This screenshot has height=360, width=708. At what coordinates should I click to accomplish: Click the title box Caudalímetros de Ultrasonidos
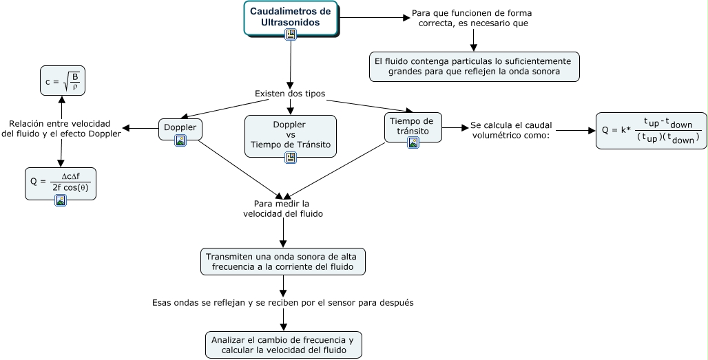(x=291, y=18)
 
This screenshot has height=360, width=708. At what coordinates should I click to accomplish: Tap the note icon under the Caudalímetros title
(x=291, y=34)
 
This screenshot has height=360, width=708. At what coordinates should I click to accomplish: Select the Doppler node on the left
(x=180, y=129)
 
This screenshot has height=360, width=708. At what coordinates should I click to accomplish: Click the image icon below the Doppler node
(x=180, y=140)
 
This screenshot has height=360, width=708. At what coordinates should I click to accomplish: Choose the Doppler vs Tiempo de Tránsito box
(x=291, y=136)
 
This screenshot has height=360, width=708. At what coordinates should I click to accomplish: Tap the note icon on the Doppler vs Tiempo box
(x=291, y=158)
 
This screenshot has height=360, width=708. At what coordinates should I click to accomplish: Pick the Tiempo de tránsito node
(x=413, y=127)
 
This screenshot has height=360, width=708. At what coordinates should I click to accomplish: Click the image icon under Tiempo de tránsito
(x=413, y=142)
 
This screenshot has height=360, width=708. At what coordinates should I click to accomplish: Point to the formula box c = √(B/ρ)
(x=62, y=81)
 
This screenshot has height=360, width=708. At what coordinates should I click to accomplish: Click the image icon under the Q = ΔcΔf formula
(x=61, y=200)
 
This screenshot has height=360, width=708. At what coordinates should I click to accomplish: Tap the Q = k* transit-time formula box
(x=651, y=131)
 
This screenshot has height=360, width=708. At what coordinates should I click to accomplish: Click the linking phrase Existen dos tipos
(x=290, y=94)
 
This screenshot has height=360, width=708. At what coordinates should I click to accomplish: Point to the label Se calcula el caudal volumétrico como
(x=510, y=130)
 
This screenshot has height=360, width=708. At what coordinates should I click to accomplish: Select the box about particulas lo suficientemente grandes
(x=474, y=67)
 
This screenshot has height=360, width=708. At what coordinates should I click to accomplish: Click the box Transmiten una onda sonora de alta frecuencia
(x=283, y=262)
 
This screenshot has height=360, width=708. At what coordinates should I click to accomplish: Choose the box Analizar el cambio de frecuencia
(x=284, y=345)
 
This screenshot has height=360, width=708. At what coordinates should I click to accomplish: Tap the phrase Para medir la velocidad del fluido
(x=283, y=209)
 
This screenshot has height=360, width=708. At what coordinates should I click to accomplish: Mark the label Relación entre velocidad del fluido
(x=61, y=129)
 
